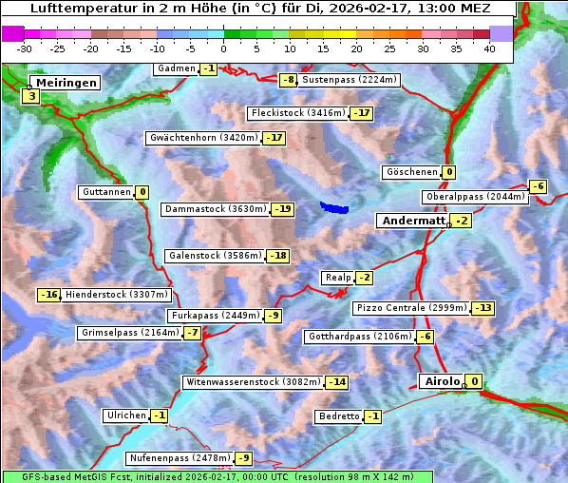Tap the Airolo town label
coord(441,381)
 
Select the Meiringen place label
coord(66,83)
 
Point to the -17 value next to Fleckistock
coord(361,113)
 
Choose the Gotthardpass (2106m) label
coord(358,337)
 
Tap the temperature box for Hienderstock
coord(49,295)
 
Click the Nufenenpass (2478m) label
coord(179,458)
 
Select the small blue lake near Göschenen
coord(333,206)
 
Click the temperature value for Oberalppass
coord(538,186)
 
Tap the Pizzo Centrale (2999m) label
coord(411,308)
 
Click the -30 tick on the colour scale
coord(25,48)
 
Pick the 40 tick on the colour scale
coord(489,48)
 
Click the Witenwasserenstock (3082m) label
coord(253,382)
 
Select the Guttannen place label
coord(105,192)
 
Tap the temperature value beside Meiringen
coord(31,96)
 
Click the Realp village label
coord(337,278)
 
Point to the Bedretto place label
coord(338,416)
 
